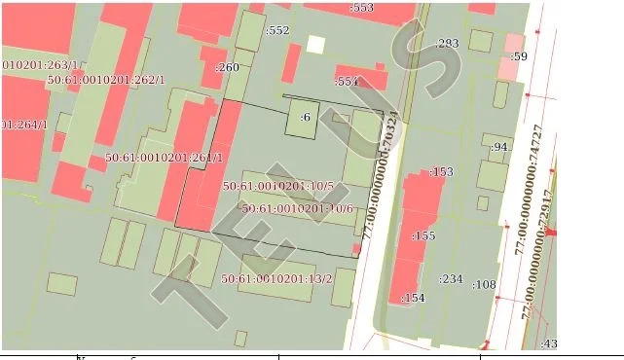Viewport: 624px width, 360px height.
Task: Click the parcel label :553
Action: click(362, 8)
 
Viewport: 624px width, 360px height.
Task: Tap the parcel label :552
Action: click(278, 30)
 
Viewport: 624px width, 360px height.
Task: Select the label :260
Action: click(226, 67)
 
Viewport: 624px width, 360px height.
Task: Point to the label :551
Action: click(348, 82)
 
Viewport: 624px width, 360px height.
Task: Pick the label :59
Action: click(519, 56)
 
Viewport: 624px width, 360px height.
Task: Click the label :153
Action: click(441, 172)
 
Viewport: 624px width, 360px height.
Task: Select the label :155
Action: click(423, 235)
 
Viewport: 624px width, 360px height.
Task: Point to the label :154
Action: click(414, 298)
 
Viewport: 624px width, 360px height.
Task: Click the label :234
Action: click(451, 279)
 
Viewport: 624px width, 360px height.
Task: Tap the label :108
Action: click(484, 285)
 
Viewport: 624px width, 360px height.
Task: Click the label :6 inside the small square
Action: click(305, 117)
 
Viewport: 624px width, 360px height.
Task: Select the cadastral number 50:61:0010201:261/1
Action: click(165, 157)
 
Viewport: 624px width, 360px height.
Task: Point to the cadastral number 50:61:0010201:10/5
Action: click(278, 186)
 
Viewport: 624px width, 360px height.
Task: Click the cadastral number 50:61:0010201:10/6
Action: click(298, 208)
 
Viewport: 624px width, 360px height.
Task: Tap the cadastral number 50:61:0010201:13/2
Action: click(276, 279)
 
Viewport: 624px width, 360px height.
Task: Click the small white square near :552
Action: click(315, 44)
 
